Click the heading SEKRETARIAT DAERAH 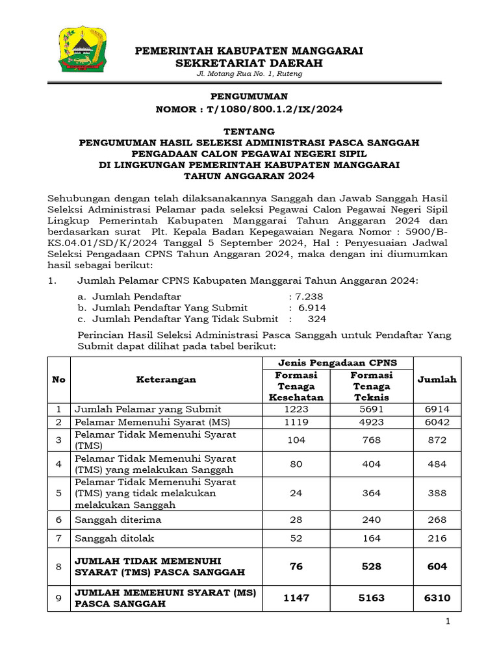(x=249, y=62)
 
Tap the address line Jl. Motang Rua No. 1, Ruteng (x=249, y=74)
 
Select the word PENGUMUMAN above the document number (x=249, y=95)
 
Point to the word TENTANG (x=249, y=131)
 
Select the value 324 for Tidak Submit (x=317, y=319)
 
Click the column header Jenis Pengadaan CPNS (x=337, y=362)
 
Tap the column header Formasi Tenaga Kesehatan (x=296, y=386)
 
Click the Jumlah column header (x=437, y=379)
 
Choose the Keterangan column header (x=166, y=379)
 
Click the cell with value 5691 (x=372, y=409)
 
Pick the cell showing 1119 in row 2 (x=296, y=421)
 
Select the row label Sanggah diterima (x=118, y=520)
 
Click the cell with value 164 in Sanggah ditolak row (x=372, y=538)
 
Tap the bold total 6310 (x=437, y=597)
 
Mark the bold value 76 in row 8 (x=296, y=566)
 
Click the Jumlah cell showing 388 (x=437, y=493)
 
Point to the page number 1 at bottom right (x=448, y=623)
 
